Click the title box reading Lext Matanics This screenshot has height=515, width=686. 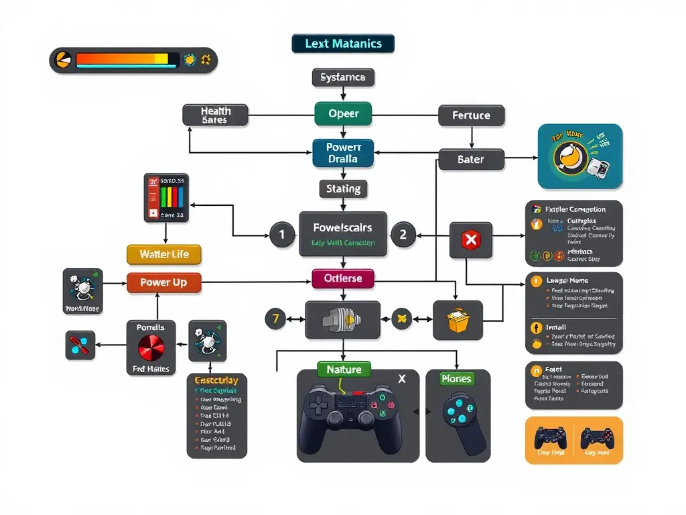pos(343,44)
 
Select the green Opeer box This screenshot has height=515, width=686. pos(343,114)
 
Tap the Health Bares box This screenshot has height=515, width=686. pos(215,115)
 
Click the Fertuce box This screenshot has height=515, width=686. pos(471,115)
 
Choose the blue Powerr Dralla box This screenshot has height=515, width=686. pos(343,153)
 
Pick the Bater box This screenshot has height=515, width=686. pos(471,160)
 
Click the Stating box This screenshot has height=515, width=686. pos(343,189)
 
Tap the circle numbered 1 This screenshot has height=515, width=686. pos(282,235)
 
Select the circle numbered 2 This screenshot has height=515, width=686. pos(403,235)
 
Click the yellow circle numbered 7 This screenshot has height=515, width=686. pos(275,319)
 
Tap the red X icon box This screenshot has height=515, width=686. pos(471,239)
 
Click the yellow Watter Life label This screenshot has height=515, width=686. pos(164,254)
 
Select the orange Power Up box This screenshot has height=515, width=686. pos(163,282)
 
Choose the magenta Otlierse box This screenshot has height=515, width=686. pos(343,278)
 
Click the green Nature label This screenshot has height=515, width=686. pos(344,369)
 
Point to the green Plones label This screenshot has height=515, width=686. pos(456,379)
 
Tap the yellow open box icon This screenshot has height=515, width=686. pos(458,320)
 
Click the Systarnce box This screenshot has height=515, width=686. pos(343,77)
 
